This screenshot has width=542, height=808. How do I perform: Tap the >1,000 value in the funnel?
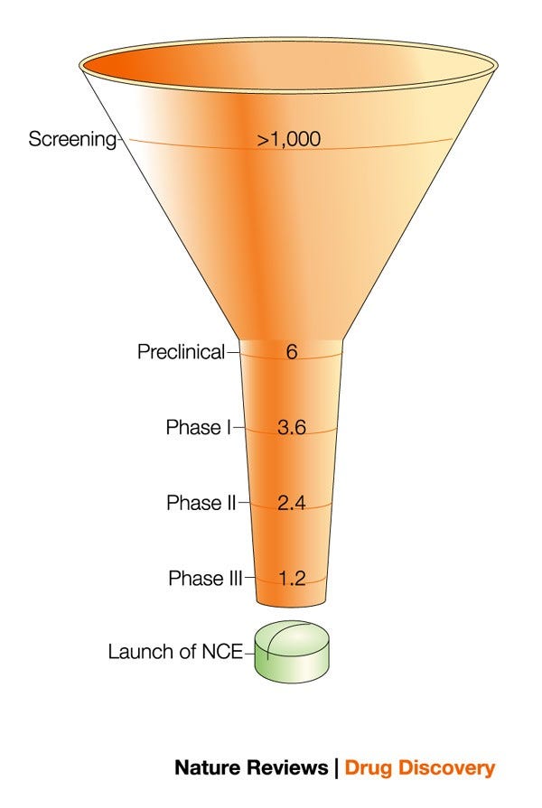289,140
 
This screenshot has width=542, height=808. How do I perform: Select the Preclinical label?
181,352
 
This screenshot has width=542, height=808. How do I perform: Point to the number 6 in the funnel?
291,352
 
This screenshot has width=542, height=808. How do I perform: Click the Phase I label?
199,427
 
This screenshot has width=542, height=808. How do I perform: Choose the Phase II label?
201,503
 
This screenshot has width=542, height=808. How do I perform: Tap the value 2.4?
291,504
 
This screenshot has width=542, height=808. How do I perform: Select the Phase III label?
204,579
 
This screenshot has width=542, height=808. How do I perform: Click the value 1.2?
291,579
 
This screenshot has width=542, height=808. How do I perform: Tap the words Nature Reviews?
251,768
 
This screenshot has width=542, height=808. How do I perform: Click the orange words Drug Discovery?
419,768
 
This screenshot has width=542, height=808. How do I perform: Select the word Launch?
138,651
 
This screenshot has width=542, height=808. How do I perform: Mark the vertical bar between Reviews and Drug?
335,768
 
